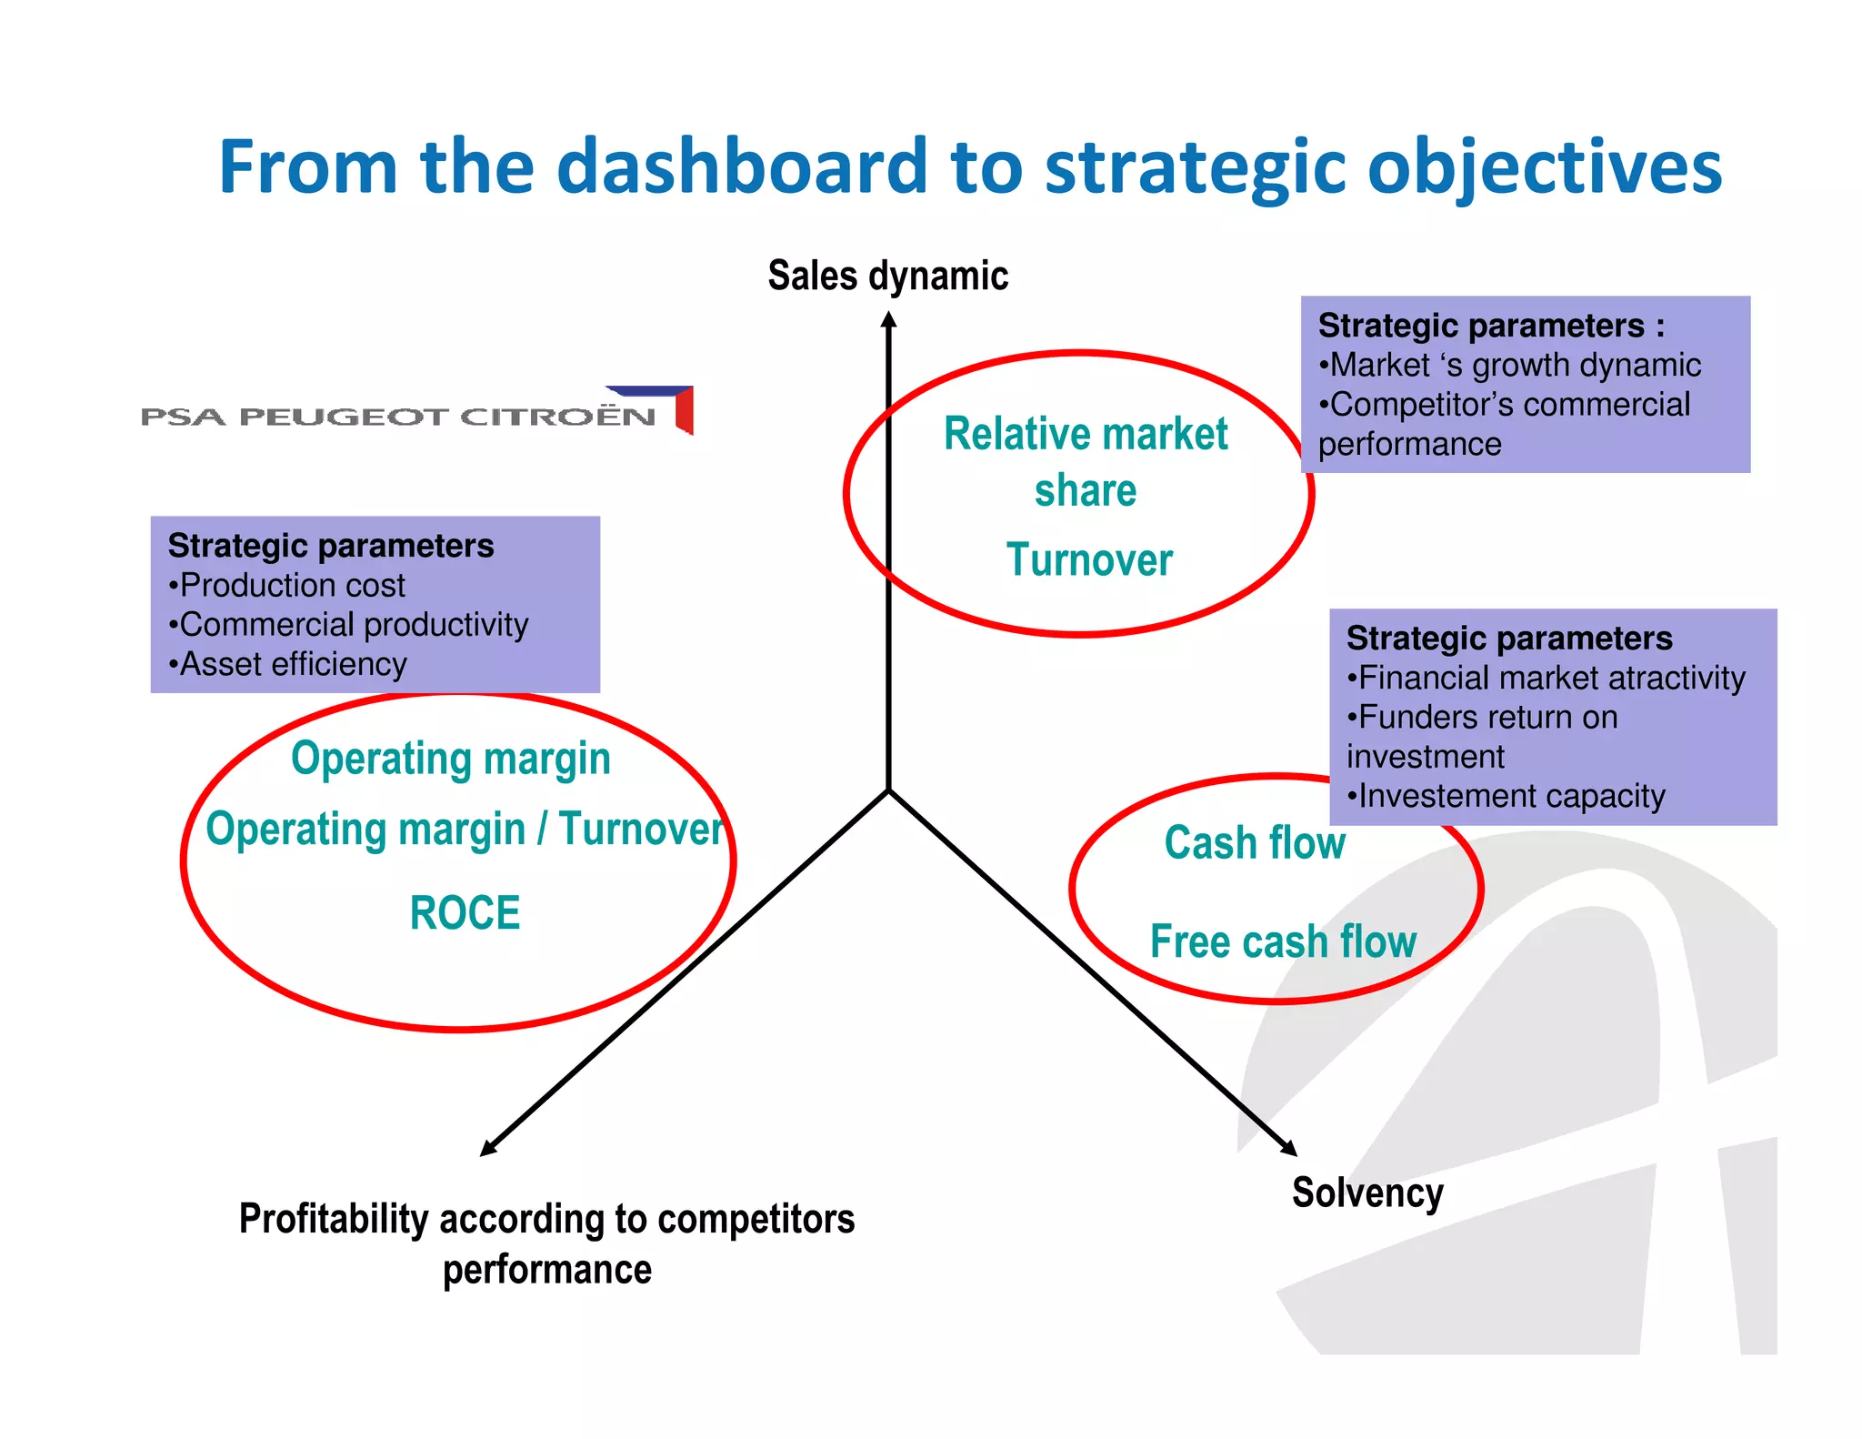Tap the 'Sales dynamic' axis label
coord(887,276)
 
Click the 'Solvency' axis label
coord(1366,1192)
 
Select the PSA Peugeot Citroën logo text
coord(398,417)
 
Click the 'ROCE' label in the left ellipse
coord(465,912)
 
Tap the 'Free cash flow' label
coord(1283,941)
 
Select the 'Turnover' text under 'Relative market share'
coord(1089,559)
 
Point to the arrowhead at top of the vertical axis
coord(889,320)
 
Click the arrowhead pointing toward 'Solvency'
coord(1289,1148)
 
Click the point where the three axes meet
coord(889,790)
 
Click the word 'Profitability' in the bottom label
coord(333,1219)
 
